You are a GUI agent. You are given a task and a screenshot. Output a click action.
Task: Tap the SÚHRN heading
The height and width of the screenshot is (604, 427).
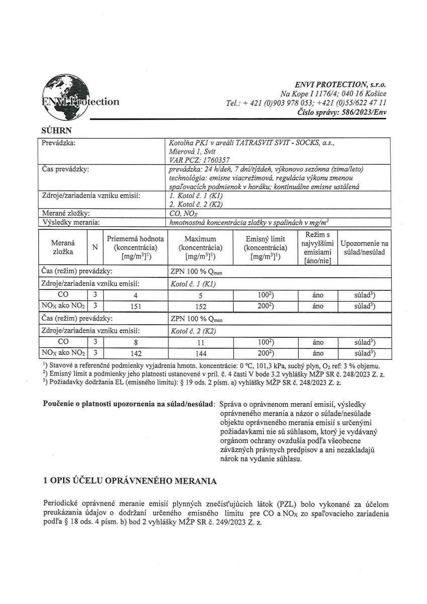[54, 130]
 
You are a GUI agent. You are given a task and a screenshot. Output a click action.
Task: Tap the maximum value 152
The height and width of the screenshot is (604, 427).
[200, 306]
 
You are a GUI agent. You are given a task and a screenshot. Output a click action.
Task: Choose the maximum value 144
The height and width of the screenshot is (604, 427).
[200, 353]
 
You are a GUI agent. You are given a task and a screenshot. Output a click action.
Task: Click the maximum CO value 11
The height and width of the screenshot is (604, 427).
[200, 342]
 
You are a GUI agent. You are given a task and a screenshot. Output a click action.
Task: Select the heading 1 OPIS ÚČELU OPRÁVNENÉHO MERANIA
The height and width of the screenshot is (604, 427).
[130, 481]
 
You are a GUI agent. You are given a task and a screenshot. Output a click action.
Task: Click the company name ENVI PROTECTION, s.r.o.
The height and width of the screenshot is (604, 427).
[340, 85]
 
